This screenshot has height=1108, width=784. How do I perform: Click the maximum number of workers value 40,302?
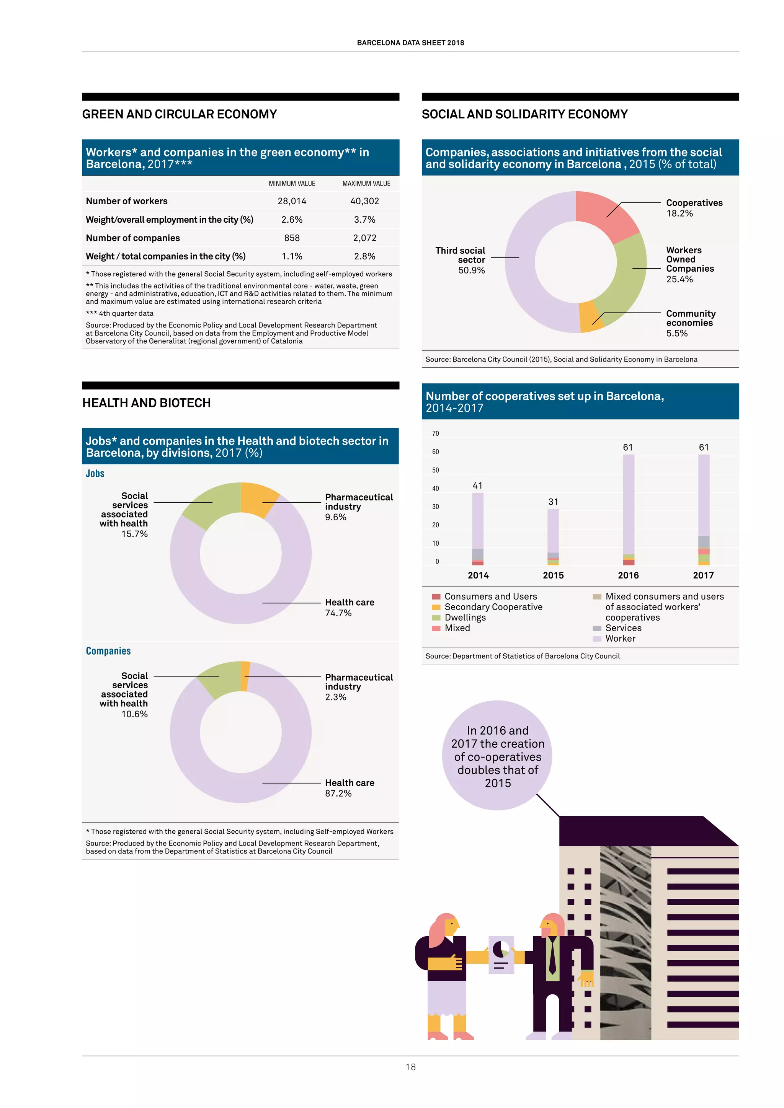point(364,201)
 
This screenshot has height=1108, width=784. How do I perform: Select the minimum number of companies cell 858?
point(292,238)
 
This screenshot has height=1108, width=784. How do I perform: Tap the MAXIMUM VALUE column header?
point(366,183)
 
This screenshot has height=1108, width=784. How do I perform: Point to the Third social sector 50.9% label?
point(461,260)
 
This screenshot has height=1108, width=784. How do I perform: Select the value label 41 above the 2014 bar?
point(477,486)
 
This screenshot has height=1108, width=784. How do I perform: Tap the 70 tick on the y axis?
point(435,433)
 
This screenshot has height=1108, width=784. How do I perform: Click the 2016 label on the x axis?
point(628,575)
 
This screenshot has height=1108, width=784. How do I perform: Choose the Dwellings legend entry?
point(465,617)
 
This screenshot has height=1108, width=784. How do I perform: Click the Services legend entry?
point(623,628)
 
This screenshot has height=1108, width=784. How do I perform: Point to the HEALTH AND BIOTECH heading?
point(146,403)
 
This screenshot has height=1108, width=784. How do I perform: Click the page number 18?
point(410,1067)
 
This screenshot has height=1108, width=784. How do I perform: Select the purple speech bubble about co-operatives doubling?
point(497,756)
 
